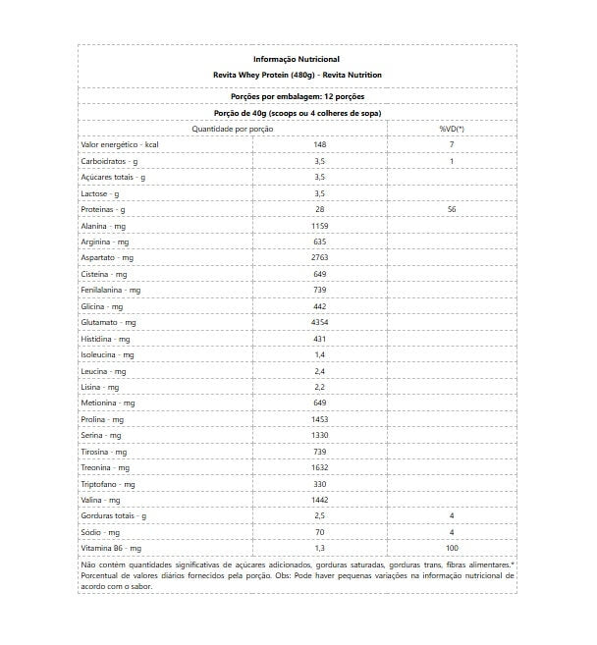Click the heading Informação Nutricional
point(297,59)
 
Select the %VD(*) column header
point(452,129)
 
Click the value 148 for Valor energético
point(319,144)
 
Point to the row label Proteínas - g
point(103,209)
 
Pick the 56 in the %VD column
point(452,209)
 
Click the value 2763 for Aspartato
point(319,257)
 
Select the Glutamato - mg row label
point(108,322)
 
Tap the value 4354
point(319,322)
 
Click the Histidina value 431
point(319,339)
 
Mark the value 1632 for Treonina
point(319,467)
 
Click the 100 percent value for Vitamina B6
point(452,548)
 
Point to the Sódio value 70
point(319,531)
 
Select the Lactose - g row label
point(100,193)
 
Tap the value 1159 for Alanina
point(319,226)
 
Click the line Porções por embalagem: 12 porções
point(297,97)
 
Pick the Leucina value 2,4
point(319,371)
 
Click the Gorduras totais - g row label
point(113,515)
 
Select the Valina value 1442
point(319,500)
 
